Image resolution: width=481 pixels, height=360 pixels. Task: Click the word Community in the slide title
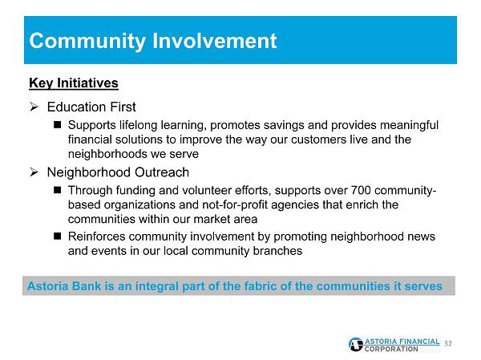(87, 42)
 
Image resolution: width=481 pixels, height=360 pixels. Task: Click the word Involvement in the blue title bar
(214, 41)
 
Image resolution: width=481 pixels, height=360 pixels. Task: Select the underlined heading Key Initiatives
(74, 83)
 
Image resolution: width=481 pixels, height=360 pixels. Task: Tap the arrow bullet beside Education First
(34, 107)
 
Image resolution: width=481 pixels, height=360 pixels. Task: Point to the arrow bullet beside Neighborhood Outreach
(34, 172)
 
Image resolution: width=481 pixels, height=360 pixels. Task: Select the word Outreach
(162, 172)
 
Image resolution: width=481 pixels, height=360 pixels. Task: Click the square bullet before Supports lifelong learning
(58, 124)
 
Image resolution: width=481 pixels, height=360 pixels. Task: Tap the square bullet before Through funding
(58, 190)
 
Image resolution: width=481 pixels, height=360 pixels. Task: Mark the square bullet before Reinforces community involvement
(58, 236)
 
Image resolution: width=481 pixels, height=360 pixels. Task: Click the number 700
(361, 190)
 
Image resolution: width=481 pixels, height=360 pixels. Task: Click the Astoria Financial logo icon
(356, 345)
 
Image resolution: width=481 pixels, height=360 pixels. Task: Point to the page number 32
(448, 344)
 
